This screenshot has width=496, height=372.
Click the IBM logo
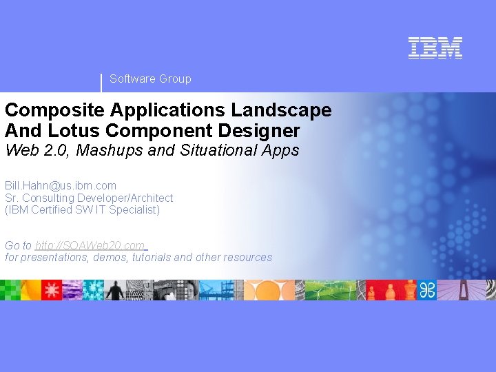pos(435,48)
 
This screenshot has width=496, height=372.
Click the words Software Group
pos(150,79)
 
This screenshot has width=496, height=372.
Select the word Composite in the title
pos(42,110)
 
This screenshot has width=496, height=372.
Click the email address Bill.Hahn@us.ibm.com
pos(61,185)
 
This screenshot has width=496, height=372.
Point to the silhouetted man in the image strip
pos(114,290)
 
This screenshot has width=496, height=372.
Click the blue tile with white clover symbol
pos(428,290)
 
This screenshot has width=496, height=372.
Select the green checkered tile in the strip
pos(10,290)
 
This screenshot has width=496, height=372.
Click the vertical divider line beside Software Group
pos(101,82)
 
